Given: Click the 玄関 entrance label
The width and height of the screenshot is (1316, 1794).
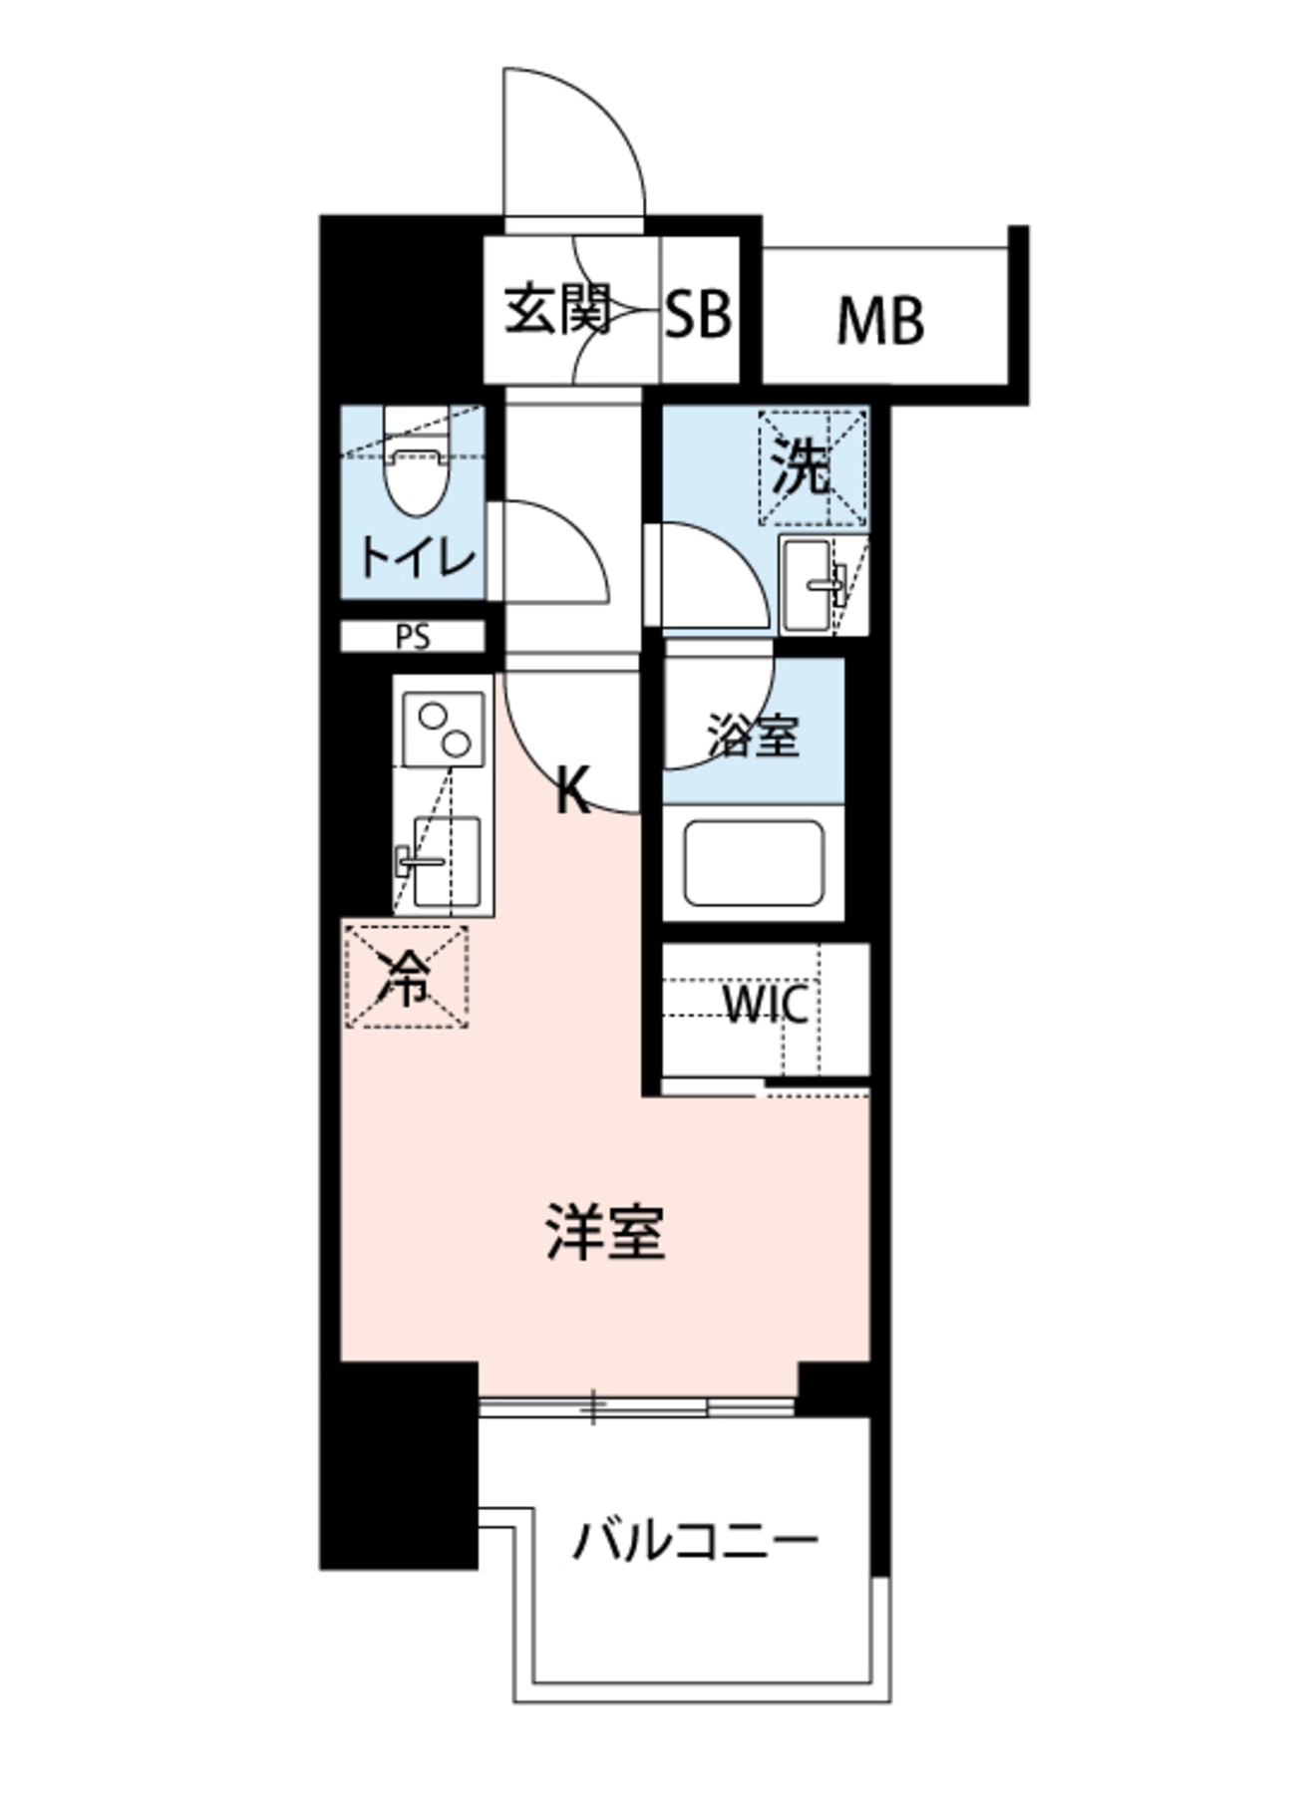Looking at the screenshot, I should [x=556, y=311].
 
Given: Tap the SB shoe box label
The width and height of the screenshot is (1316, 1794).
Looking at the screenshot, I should [x=698, y=313].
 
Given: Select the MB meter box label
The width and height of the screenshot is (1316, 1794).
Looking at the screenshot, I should [x=879, y=321].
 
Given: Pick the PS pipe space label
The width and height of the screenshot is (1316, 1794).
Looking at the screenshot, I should [x=412, y=637].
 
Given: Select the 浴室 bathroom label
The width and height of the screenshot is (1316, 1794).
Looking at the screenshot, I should [x=753, y=736].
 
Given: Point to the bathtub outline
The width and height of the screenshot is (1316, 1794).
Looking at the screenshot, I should [x=753, y=862].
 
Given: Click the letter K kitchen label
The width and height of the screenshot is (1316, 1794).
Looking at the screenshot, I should [x=572, y=789].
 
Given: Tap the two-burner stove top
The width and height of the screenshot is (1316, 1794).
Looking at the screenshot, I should [x=443, y=730].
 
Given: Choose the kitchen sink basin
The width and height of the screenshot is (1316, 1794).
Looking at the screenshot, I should [x=445, y=860].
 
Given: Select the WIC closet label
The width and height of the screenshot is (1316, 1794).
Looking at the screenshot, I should [x=766, y=1004].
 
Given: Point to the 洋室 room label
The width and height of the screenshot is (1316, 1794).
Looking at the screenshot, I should [x=605, y=1233].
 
